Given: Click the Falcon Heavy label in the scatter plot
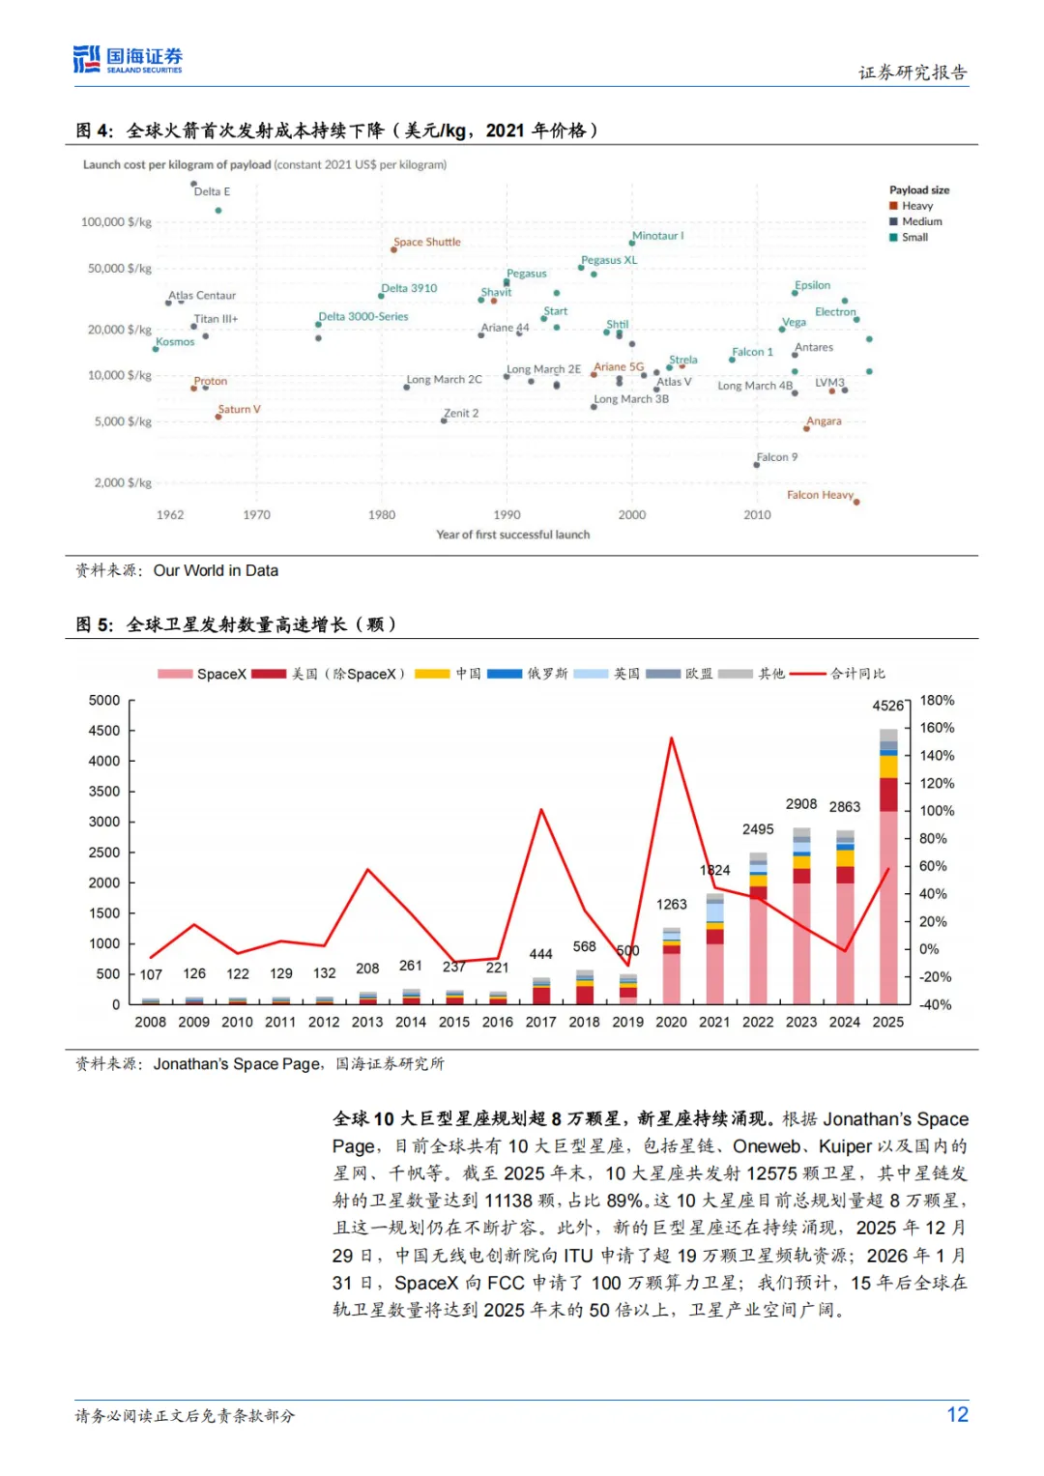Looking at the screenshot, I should (820, 495).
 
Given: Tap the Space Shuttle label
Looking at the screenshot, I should (427, 242).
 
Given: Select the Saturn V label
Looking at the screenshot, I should (239, 409).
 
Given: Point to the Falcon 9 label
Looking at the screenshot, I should (777, 457).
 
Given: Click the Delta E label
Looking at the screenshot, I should (212, 191).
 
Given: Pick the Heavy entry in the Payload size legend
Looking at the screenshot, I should (916, 206).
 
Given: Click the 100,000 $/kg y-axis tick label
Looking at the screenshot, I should (116, 222).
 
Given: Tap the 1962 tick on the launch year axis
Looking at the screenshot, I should (170, 515).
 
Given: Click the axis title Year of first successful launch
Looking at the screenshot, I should (512, 535).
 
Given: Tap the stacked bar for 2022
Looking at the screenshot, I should (758, 928).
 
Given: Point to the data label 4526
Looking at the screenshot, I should (887, 706).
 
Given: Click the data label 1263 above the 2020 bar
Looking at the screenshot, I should (671, 905).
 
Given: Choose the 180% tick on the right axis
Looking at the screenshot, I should (937, 700).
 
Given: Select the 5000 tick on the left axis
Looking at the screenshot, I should (104, 700).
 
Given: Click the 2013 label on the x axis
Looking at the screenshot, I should (367, 1022).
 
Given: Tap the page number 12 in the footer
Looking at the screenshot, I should (957, 1415).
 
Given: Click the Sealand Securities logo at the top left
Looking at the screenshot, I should (128, 60).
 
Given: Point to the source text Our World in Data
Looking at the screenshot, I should (216, 570).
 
